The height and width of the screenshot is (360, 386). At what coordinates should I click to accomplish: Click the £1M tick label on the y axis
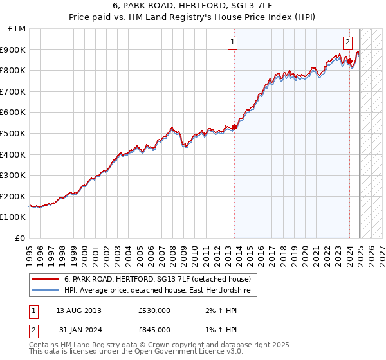click(x=17, y=28)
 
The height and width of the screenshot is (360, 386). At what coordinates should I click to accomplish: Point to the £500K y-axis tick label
click(x=15, y=133)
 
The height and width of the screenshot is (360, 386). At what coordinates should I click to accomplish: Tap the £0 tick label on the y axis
click(x=21, y=238)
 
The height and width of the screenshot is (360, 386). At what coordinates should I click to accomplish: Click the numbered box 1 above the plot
click(x=232, y=43)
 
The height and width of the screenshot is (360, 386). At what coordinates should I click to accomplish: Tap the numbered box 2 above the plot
click(x=347, y=43)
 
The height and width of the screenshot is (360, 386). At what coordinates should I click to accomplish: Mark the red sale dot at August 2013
click(x=234, y=127)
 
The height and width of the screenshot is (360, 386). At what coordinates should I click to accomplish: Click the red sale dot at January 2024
click(x=349, y=61)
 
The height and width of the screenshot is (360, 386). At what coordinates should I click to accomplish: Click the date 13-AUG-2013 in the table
click(x=78, y=310)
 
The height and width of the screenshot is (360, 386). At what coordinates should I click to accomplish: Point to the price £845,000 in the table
click(x=154, y=330)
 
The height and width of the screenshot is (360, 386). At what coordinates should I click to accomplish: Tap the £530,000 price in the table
click(x=154, y=310)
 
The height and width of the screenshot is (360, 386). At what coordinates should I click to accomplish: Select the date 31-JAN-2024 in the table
click(x=78, y=330)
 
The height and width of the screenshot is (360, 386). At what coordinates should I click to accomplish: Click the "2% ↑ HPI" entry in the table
click(x=216, y=310)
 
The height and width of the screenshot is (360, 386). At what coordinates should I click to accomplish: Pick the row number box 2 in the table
click(x=33, y=330)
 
